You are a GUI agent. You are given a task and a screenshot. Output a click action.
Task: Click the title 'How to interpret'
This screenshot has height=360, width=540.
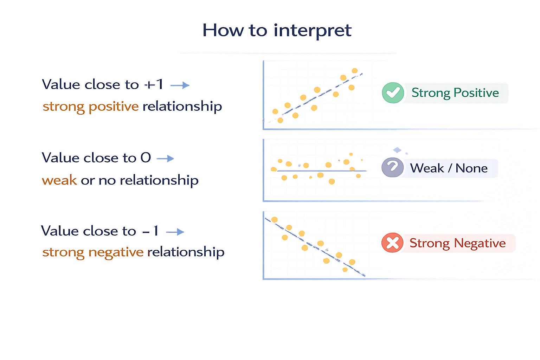[277, 30]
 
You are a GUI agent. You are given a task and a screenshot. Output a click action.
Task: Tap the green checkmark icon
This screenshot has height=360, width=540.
[392, 92]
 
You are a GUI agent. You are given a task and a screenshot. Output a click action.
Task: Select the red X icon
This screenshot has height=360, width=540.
[392, 243]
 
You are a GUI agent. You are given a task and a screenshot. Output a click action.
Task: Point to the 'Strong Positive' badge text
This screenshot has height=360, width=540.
[455, 93]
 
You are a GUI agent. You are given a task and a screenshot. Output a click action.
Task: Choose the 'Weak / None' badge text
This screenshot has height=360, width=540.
[449, 168]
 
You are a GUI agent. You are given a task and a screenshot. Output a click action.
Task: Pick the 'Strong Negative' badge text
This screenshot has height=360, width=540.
[457, 243]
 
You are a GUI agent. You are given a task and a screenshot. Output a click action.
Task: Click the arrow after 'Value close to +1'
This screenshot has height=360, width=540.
[180, 85]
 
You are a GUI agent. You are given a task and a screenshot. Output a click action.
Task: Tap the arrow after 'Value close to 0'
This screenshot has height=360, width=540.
[165, 159]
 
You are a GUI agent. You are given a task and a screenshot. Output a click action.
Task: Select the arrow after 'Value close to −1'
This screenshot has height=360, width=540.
[175, 232]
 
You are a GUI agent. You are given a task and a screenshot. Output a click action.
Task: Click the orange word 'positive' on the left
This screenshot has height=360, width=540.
[114, 107]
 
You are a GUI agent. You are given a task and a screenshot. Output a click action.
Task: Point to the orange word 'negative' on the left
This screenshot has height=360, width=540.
[116, 252]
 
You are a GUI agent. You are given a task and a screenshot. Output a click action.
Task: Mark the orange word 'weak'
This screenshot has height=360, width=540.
[59, 180]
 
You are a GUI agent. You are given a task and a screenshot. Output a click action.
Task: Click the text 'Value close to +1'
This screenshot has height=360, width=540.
[102, 85]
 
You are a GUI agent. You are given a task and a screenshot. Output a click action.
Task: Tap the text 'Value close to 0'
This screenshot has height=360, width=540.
[96, 158]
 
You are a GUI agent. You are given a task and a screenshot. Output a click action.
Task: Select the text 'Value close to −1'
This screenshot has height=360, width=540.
[99, 231]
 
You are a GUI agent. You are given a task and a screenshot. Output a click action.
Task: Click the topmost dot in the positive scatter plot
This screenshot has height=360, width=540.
[355, 71]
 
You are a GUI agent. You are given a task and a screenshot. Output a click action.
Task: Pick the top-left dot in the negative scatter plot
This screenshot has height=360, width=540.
[275, 220]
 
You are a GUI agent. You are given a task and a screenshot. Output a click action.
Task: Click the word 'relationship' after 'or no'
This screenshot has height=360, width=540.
[159, 180]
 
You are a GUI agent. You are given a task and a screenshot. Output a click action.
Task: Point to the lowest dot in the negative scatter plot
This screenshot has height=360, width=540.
[345, 270]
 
